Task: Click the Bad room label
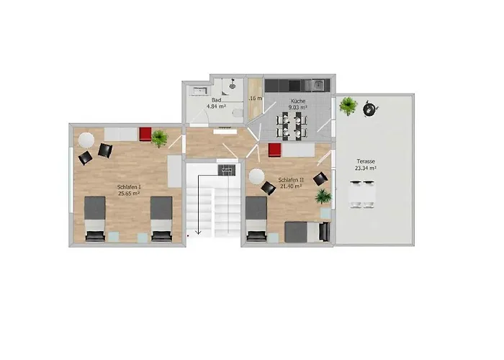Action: coord(216,100)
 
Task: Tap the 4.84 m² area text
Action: coord(216,107)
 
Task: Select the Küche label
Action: coord(297,102)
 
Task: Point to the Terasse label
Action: coord(367,161)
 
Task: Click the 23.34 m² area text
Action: coord(367,168)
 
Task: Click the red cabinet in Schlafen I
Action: coord(145,135)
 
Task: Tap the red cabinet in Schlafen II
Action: coord(274,149)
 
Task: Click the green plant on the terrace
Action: coord(348,106)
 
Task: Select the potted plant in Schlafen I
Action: coord(159,137)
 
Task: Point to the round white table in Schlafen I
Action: coord(87,139)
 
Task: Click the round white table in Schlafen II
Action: coord(256,175)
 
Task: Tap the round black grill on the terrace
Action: coord(370,109)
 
